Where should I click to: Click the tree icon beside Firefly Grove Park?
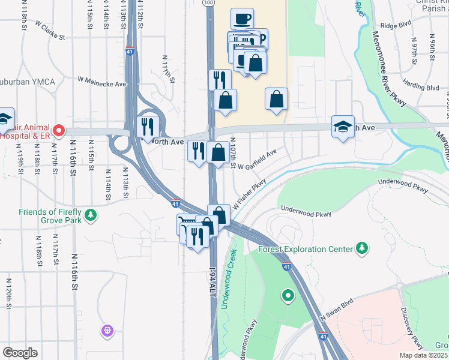coord(91,214)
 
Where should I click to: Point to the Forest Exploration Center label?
coord(305,248)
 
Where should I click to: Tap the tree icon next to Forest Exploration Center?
coord(362,247)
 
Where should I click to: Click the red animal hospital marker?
coord(58,130)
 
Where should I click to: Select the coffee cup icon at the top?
coord(242,19)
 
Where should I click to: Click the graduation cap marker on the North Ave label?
coord(343,127)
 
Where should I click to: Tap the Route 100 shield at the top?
coord(208,3)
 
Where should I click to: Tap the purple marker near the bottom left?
coord(107,329)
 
